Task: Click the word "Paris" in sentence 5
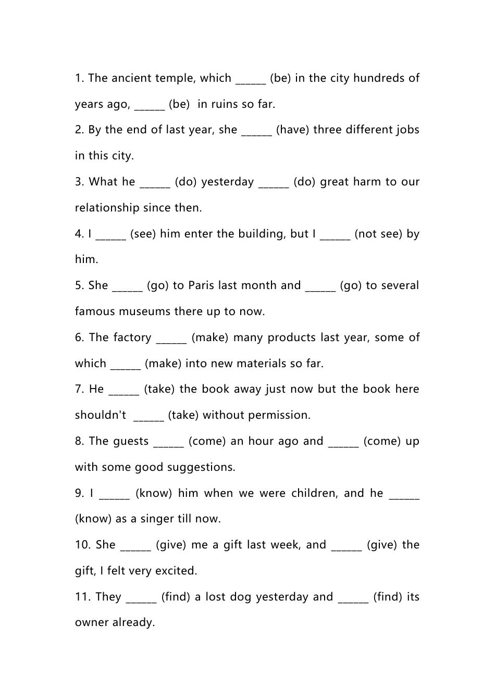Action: [201, 286]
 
